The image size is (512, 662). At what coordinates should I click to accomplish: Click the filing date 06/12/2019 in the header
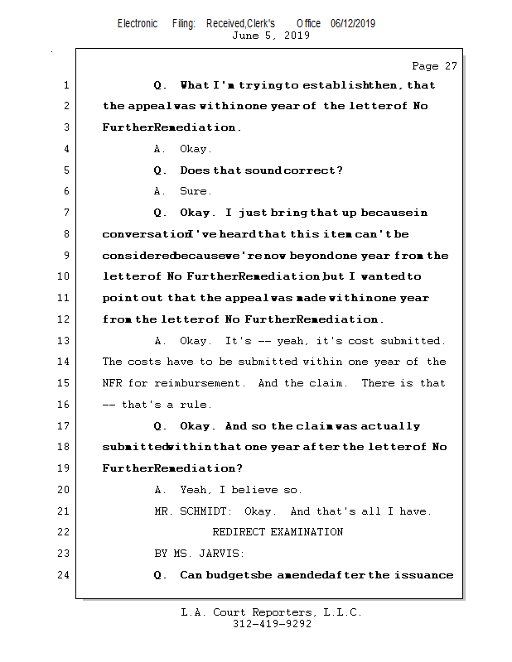tap(352, 24)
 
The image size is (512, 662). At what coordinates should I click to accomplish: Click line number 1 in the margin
tap(66, 85)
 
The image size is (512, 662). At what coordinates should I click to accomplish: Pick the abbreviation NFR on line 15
tap(112, 383)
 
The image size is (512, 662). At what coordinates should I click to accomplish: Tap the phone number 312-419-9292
tap(271, 625)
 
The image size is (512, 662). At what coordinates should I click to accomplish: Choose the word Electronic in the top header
tap(138, 24)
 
